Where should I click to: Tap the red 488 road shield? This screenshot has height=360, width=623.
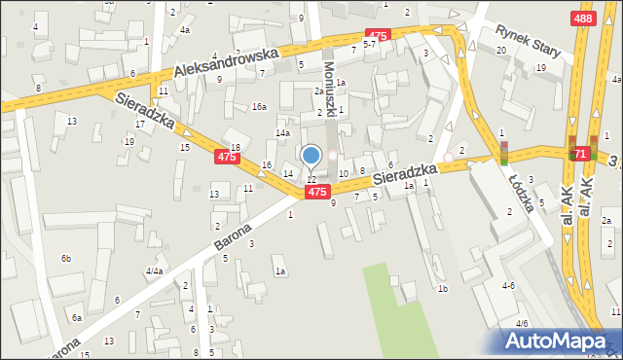pyautogui.click(x=583, y=18)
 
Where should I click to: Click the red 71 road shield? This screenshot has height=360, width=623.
pyautogui.click(x=580, y=154)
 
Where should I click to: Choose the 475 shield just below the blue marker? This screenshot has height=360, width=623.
pyautogui.click(x=316, y=193)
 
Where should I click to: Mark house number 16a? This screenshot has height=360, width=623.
pyautogui.click(x=259, y=107)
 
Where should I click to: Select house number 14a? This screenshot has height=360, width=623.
pyautogui.click(x=282, y=132)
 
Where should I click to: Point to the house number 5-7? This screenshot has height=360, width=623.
pyautogui.click(x=370, y=45)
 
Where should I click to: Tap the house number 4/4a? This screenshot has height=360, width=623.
pyautogui.click(x=154, y=270)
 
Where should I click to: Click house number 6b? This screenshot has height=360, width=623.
pyautogui.click(x=66, y=258)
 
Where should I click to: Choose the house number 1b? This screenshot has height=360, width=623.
pyautogui.click(x=442, y=289)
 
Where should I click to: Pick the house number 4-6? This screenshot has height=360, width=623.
pyautogui.click(x=508, y=286)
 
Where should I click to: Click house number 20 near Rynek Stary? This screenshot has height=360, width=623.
pyautogui.click(x=500, y=50)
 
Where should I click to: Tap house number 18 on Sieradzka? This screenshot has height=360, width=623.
pyautogui.click(x=235, y=147)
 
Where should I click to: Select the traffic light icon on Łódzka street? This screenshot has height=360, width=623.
pyautogui.click(x=504, y=152)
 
